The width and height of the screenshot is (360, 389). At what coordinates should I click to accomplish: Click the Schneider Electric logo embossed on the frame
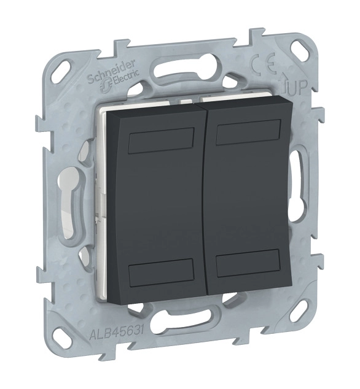click(x=114, y=74)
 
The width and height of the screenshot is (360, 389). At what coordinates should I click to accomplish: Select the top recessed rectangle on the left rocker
click(x=161, y=141)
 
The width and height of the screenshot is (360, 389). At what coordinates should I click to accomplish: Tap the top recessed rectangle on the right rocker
click(x=248, y=132)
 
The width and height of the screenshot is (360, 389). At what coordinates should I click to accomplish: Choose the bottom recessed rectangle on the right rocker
click(x=248, y=263)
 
